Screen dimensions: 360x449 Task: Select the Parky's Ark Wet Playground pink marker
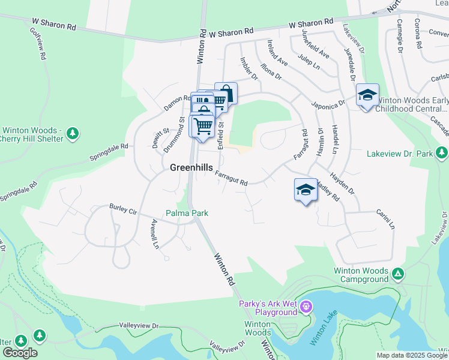pyautogui.click(x=306, y=308)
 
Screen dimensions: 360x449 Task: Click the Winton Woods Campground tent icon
pyautogui.click(x=397, y=274)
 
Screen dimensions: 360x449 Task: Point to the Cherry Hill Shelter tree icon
pyautogui.click(x=73, y=132)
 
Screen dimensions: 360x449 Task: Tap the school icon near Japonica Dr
pyautogui.click(x=367, y=95)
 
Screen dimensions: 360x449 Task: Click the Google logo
pyautogui.click(x=20, y=353)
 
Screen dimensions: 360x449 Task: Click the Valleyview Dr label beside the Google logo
pyautogui.click(x=138, y=326)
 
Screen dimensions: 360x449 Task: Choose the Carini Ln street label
pyautogui.click(x=385, y=220)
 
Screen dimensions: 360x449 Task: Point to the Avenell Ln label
pyautogui.click(x=154, y=234)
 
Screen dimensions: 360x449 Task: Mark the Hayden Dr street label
pyautogui.click(x=343, y=184)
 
